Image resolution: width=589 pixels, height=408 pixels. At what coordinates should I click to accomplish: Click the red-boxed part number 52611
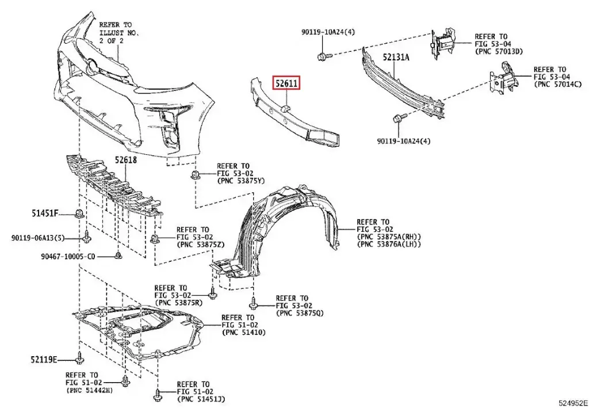click(286, 84)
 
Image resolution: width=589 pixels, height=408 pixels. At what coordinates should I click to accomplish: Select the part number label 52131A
click(393, 58)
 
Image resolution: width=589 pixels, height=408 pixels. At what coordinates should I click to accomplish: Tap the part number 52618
click(125, 161)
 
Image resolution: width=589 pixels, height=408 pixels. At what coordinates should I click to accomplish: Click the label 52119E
click(44, 360)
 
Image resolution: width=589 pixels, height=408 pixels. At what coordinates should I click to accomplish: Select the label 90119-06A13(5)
click(37, 238)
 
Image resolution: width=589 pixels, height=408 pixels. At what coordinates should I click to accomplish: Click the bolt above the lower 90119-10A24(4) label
click(398, 119)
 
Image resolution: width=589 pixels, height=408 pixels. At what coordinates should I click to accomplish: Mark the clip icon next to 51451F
click(79, 215)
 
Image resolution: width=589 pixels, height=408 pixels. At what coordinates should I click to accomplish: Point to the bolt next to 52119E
click(79, 360)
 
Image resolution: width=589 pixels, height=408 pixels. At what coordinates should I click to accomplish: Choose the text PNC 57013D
click(499, 52)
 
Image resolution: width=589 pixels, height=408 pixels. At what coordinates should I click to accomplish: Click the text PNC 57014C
click(557, 85)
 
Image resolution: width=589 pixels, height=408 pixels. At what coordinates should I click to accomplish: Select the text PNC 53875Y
click(240, 181)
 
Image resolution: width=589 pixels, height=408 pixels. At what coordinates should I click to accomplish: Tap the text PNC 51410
click(243, 333)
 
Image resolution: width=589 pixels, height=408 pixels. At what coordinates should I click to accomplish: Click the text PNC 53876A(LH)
click(389, 245)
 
